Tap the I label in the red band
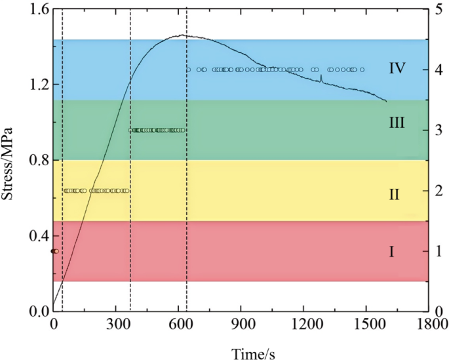coord(391,251)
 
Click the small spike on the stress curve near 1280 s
coord(321,78)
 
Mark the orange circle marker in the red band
coord(57,251)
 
